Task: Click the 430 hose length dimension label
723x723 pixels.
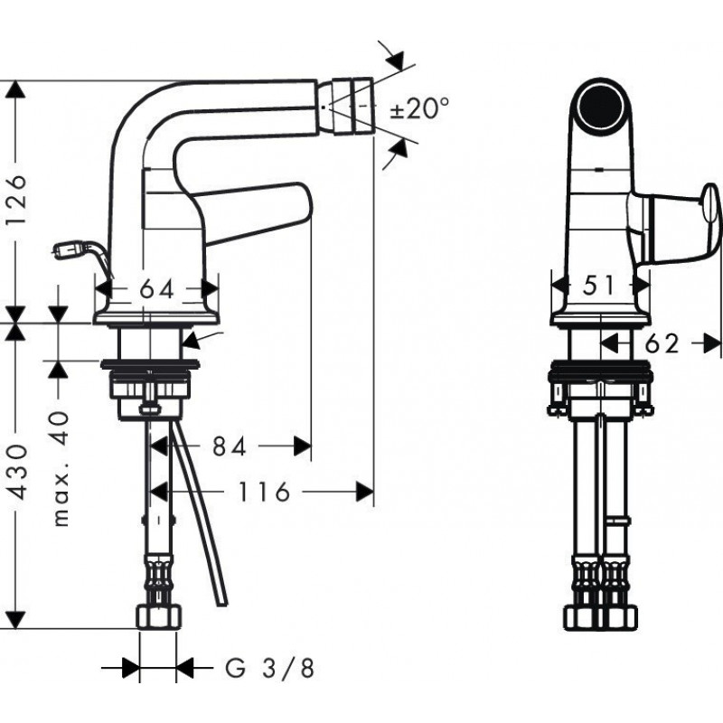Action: click(x=18, y=472)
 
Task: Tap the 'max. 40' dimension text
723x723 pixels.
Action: click(x=60, y=469)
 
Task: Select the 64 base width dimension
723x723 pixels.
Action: click(x=157, y=289)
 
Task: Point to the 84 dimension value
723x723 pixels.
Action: click(x=230, y=446)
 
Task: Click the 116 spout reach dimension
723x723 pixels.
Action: click(x=263, y=492)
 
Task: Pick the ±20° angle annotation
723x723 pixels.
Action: click(x=419, y=108)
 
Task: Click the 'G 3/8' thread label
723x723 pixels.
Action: click(x=269, y=668)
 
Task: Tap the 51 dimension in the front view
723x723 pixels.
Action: click(x=598, y=286)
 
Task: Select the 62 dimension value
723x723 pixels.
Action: click(x=662, y=343)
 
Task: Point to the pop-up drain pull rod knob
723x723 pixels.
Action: click(x=70, y=251)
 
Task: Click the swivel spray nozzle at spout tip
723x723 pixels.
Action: click(x=352, y=107)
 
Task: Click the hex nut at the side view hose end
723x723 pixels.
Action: click(x=159, y=618)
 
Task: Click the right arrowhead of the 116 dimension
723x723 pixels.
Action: click(x=365, y=492)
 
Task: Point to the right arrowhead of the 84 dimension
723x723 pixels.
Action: click(x=303, y=446)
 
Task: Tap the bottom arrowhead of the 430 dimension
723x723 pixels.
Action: click(x=15, y=619)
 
